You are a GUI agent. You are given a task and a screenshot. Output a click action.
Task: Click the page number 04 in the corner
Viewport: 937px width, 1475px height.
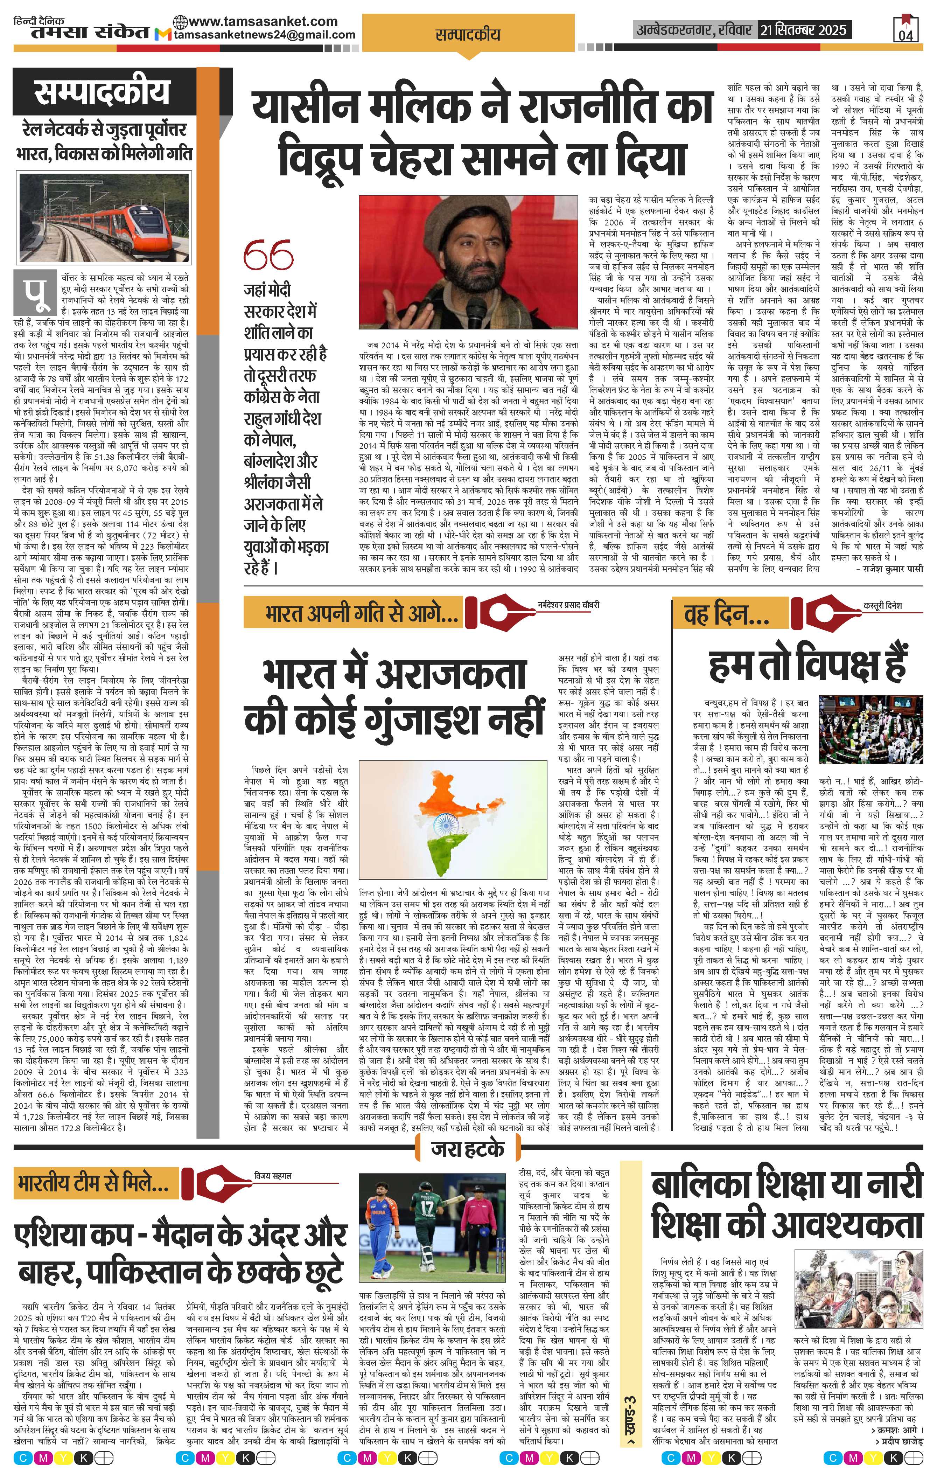[906, 35]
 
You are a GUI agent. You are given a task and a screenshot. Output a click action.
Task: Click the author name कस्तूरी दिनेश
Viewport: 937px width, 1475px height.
[882, 605]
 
